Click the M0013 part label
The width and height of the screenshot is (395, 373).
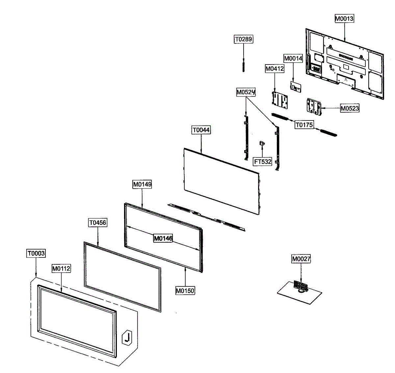click(344, 19)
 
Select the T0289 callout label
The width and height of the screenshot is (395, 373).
click(243, 40)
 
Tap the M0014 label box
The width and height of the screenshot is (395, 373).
click(293, 59)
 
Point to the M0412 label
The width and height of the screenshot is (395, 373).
click(275, 69)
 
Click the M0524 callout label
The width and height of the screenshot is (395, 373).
click(246, 93)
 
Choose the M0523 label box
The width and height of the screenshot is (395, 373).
click(350, 108)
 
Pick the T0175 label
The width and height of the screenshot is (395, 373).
click(304, 125)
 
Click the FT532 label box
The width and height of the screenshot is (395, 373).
click(263, 162)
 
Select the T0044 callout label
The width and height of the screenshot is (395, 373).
click(201, 130)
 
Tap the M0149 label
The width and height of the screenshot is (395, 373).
click(142, 184)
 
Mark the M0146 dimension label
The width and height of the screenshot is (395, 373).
click(163, 238)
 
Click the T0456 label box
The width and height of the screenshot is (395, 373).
click(98, 223)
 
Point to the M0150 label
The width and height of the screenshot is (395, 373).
click(185, 291)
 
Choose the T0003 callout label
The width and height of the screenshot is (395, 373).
click(36, 253)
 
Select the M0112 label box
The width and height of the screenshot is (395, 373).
click(61, 269)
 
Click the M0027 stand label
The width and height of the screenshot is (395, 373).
click(301, 259)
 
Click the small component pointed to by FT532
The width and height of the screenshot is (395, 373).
click(262, 143)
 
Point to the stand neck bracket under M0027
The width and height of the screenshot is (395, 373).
click(301, 286)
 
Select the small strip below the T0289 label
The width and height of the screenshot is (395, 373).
click(244, 65)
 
